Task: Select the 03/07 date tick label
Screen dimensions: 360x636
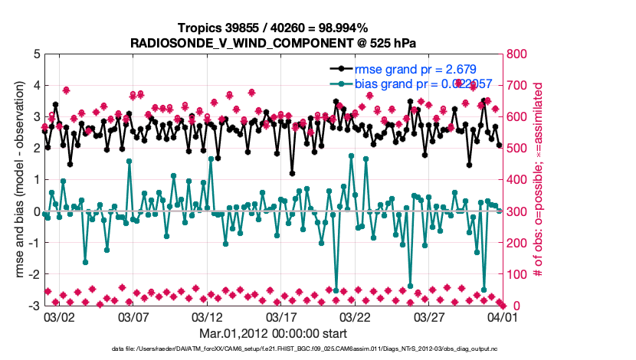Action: (x=133, y=316)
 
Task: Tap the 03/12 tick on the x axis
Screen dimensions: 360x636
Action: (x=207, y=316)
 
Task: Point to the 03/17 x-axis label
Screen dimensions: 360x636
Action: (x=281, y=316)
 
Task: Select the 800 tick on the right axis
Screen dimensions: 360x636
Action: (x=517, y=54)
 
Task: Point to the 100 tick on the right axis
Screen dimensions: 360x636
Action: (x=517, y=274)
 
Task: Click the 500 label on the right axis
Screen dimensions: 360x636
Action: (x=517, y=149)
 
